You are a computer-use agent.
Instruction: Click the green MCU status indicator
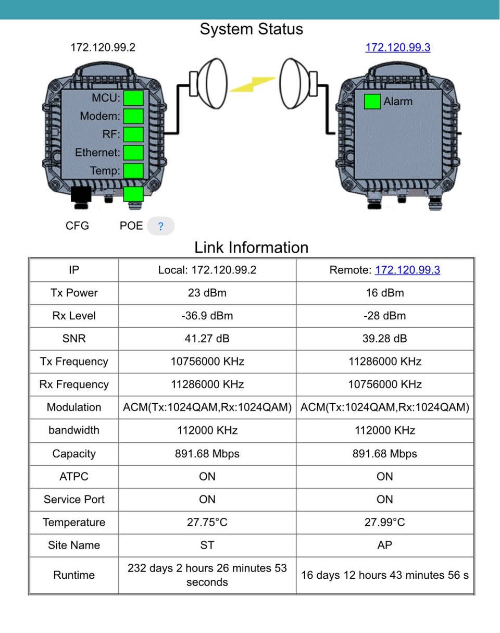(x=133, y=98)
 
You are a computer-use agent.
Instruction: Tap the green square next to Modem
(x=133, y=116)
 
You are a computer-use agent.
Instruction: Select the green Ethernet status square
(x=133, y=153)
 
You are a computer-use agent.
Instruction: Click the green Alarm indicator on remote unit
(x=372, y=102)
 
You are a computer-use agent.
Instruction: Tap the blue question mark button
(x=160, y=227)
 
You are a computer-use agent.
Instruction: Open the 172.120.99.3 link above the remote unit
(x=398, y=47)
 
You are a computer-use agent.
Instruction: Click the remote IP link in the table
(x=407, y=270)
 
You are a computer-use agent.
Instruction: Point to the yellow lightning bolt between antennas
(x=253, y=84)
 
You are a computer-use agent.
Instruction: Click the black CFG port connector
(x=81, y=194)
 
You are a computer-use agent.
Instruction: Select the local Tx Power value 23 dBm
(x=207, y=293)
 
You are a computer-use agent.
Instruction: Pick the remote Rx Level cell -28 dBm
(x=385, y=316)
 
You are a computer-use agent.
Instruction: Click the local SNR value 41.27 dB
(x=207, y=339)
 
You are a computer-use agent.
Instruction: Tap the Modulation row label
(x=74, y=407)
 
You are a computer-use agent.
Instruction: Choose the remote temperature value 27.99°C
(x=385, y=522)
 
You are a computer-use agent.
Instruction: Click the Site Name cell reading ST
(x=207, y=545)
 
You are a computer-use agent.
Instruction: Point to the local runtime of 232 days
(x=207, y=575)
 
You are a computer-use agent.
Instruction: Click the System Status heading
(x=252, y=29)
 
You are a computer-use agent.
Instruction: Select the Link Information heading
(x=252, y=247)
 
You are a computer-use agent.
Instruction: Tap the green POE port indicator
(x=133, y=194)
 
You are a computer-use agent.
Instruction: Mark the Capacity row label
(x=74, y=453)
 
